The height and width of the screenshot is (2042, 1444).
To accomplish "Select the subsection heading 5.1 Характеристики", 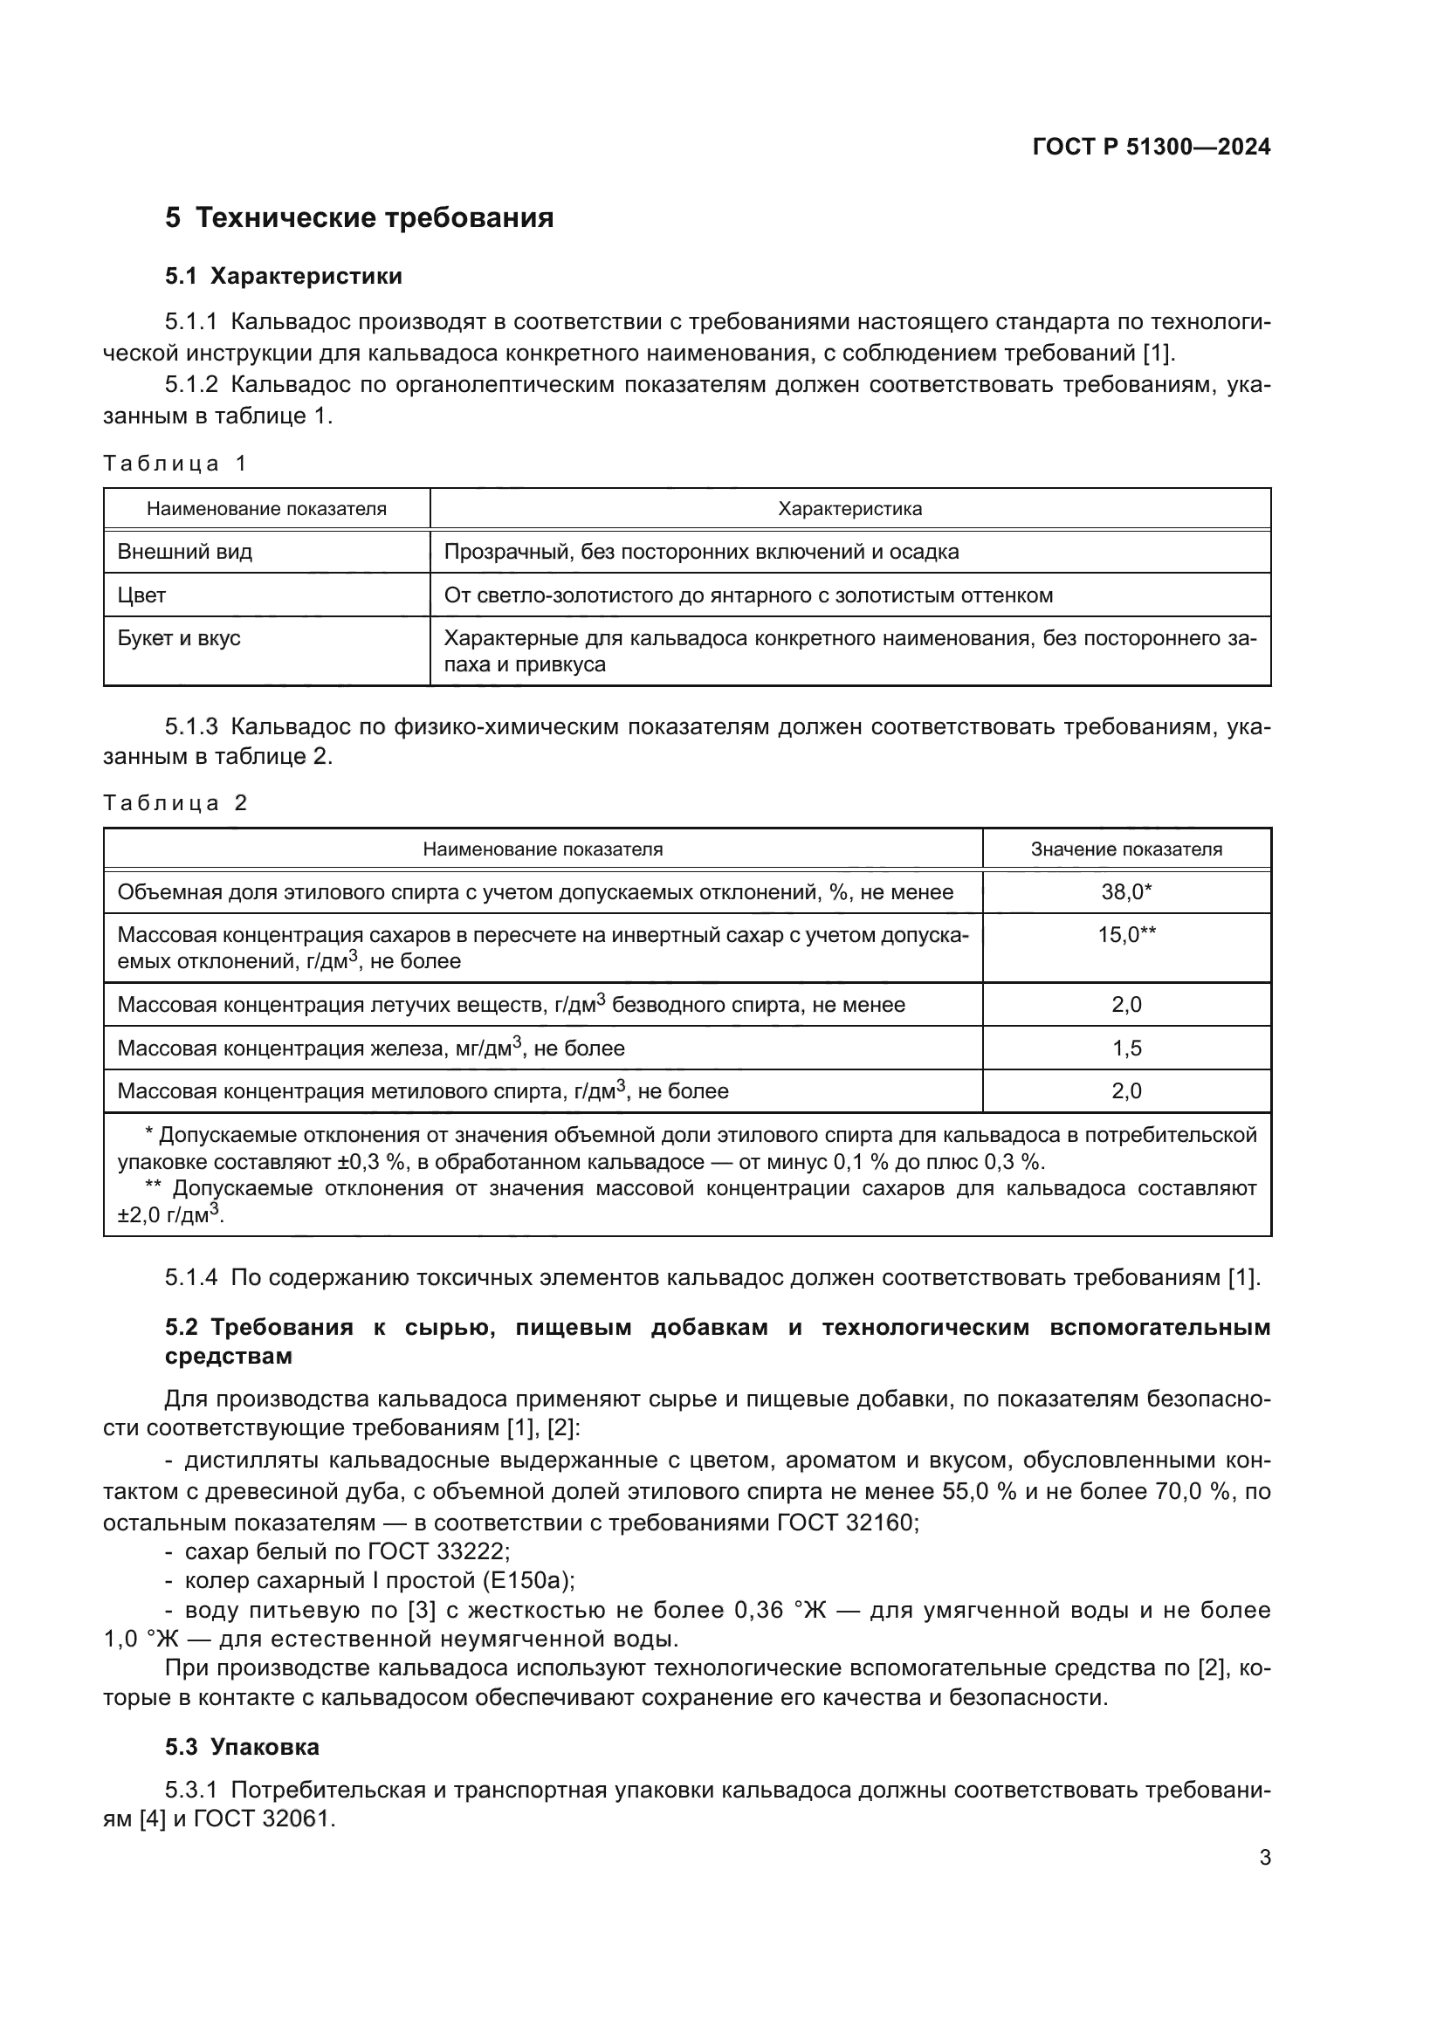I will point(284,277).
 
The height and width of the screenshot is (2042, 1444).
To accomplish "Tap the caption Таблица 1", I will point(175,464).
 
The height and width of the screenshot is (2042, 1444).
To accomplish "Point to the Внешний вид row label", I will point(185,552).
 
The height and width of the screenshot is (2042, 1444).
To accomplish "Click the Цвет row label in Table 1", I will point(141,595).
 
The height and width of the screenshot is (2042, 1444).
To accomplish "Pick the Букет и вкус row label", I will point(179,638).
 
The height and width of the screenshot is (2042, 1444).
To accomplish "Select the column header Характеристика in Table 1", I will point(849,509).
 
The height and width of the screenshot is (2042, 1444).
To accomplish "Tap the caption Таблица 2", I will point(175,803).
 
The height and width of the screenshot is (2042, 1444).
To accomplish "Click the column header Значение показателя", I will point(1125,849).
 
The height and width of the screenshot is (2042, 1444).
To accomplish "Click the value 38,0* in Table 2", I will point(1125,892).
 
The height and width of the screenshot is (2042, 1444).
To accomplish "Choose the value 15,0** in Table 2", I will point(1125,935).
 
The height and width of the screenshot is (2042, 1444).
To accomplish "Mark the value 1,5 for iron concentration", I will point(1125,1049).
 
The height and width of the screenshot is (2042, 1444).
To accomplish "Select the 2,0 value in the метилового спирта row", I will point(1125,1091).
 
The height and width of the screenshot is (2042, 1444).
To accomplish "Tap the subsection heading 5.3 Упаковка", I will point(242,1748).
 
